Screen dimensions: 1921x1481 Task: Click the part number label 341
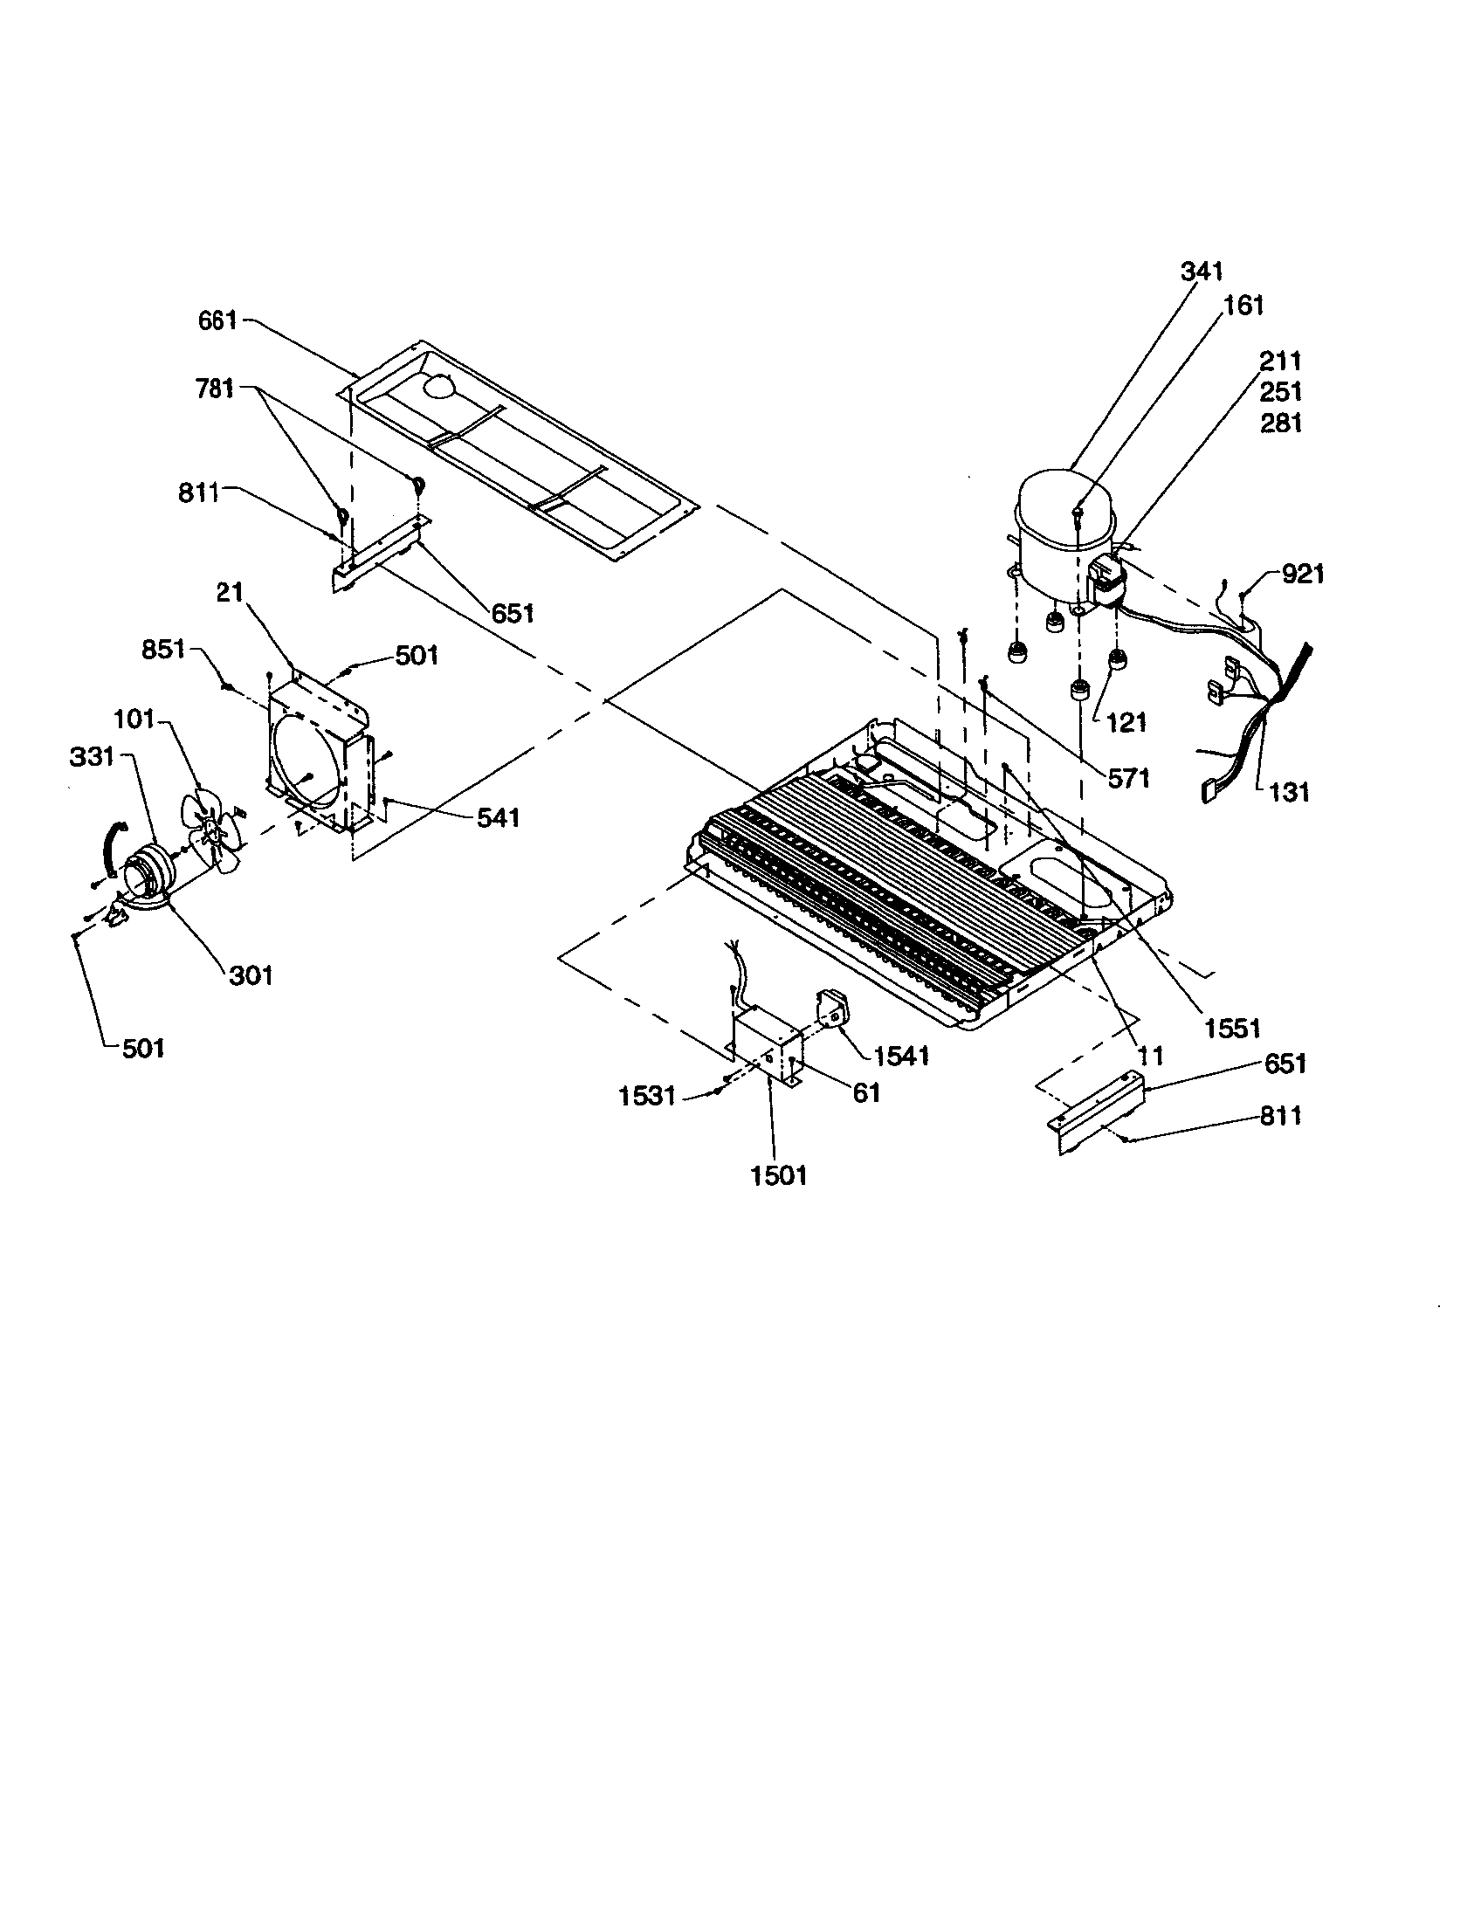1202,271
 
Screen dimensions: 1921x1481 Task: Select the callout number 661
217,320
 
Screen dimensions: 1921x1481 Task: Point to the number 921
1303,575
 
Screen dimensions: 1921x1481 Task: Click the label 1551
1232,1028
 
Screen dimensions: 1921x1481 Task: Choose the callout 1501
778,1174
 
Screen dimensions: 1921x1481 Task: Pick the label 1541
902,1056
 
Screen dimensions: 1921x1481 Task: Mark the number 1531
647,1096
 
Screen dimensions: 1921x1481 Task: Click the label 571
1129,778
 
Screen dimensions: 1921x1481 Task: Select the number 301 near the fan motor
251,974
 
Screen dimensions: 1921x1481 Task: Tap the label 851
163,649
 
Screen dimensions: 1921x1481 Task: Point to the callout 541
498,818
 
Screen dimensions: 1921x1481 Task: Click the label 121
1126,722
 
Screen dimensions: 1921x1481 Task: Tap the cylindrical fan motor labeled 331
148,871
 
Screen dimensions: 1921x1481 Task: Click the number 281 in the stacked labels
1280,423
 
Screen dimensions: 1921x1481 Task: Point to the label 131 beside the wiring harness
1288,793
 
